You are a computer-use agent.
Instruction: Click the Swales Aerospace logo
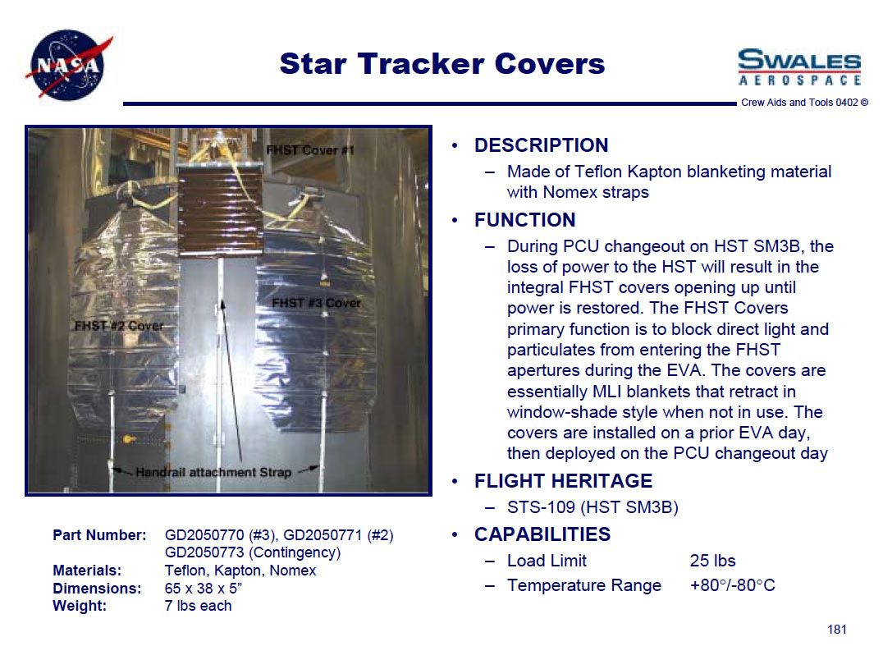(799, 67)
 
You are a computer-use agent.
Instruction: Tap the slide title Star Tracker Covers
(442, 64)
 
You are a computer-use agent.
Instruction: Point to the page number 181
(837, 630)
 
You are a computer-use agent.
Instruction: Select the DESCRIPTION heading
(541, 145)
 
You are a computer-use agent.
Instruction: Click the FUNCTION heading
(525, 220)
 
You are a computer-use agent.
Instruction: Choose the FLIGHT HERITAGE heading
(563, 481)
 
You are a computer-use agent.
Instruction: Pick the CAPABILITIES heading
(542, 534)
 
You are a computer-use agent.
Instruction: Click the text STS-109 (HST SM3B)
(592, 507)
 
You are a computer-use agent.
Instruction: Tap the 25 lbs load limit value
(712, 561)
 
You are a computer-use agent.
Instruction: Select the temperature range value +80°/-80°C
(733, 585)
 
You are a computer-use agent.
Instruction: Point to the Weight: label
(80, 606)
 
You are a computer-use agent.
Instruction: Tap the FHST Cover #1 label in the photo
(309, 150)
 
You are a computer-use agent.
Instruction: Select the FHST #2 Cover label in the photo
(119, 326)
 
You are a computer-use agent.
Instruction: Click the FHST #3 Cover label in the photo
(316, 303)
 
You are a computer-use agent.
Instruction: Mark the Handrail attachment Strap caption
(213, 473)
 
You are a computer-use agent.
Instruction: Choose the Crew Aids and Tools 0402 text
(799, 103)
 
